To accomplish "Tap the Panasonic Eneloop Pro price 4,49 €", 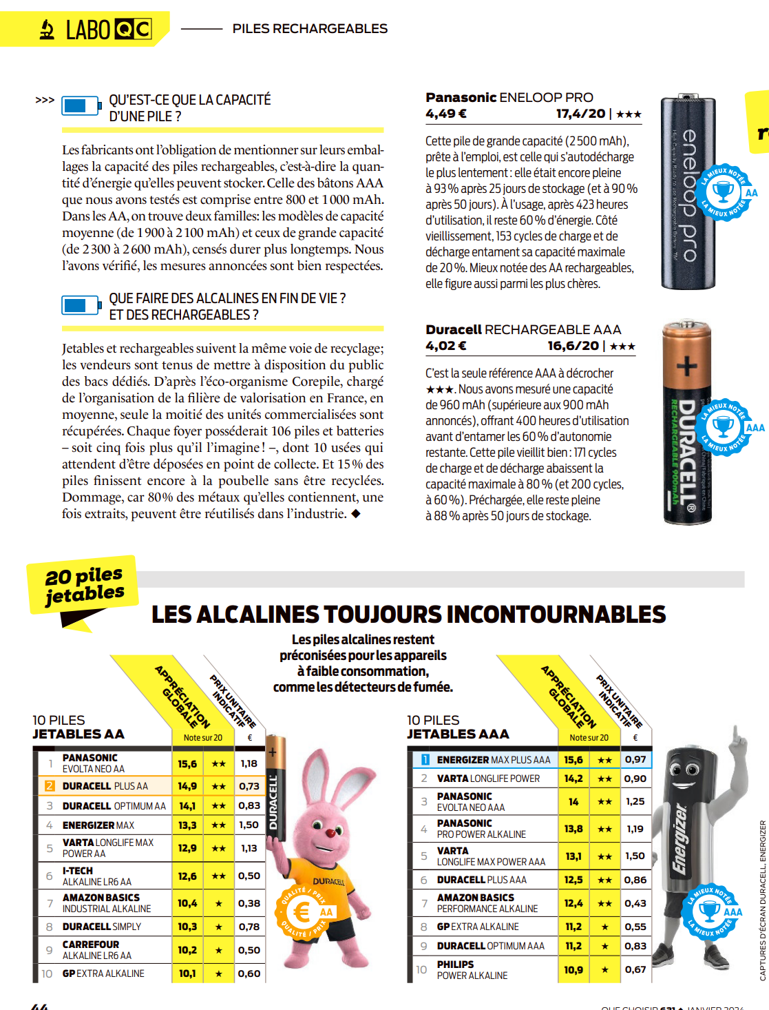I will pyautogui.click(x=445, y=114).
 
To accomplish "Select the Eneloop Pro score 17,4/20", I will pyautogui.click(x=581, y=114).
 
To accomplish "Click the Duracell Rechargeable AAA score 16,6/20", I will pyautogui.click(x=573, y=346).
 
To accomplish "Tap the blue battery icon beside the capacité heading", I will pyautogui.click(x=81, y=106).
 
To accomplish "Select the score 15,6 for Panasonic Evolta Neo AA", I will pyautogui.click(x=187, y=763).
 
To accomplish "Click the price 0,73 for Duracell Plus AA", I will pyautogui.click(x=249, y=786).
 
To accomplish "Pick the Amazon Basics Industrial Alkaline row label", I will pyautogui.click(x=107, y=903).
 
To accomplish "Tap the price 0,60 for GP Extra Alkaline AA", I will pyautogui.click(x=249, y=973).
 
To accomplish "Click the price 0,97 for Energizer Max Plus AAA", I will pyautogui.click(x=635, y=759).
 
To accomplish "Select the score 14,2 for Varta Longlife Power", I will pyautogui.click(x=573, y=779).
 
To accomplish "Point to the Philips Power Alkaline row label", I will pyautogui.click(x=472, y=969).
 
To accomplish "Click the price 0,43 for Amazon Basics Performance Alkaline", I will pyautogui.click(x=635, y=903).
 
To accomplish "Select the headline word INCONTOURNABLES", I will pyautogui.click(x=548, y=615).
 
